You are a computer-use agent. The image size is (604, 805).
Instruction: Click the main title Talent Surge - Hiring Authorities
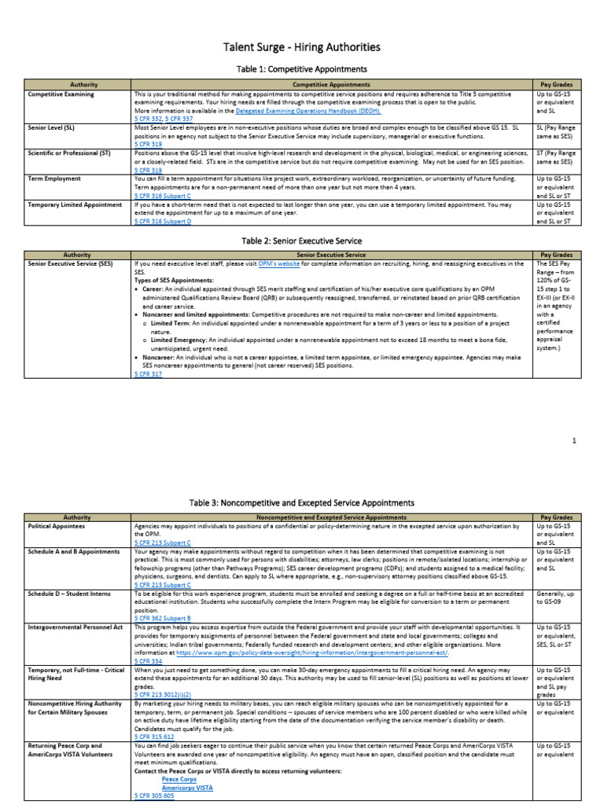[302, 48]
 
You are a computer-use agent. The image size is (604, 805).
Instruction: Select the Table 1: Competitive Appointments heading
[302, 70]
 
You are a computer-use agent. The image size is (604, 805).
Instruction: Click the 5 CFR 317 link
[148, 374]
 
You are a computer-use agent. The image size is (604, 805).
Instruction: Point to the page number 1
[574, 440]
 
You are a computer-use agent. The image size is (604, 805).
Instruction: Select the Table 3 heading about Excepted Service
[302, 502]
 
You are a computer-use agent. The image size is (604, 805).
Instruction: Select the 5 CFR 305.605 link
[153, 796]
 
